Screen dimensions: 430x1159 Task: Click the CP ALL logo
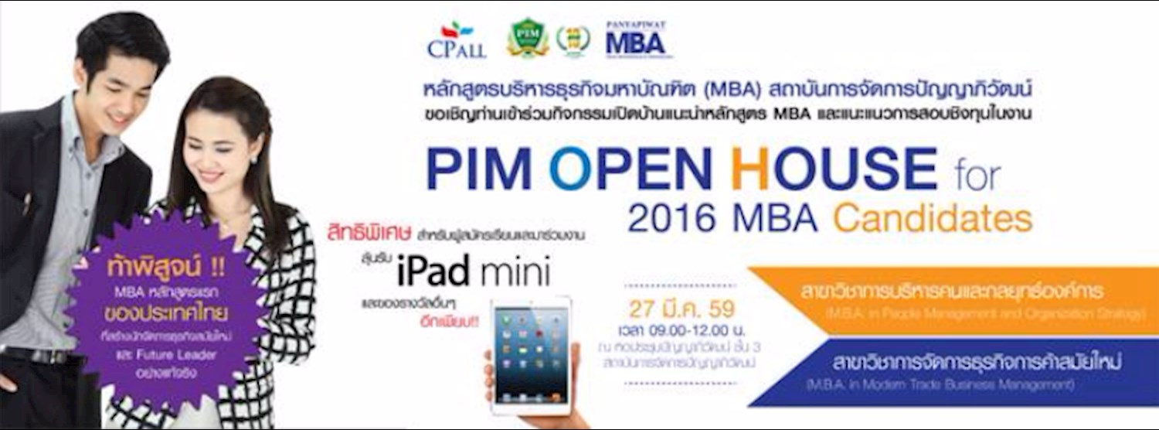(457, 40)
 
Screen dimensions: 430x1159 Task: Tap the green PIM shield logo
(528, 39)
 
